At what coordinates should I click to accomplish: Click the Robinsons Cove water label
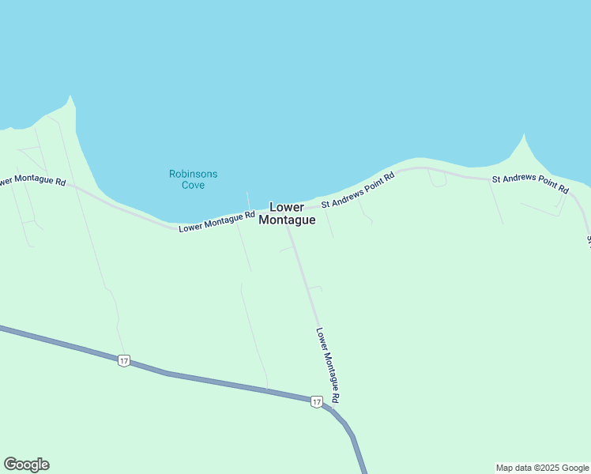click(x=193, y=179)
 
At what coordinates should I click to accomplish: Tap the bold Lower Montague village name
click(x=288, y=213)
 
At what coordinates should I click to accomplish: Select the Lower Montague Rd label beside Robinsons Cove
click(x=216, y=222)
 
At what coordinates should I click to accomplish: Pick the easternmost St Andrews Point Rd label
click(x=529, y=184)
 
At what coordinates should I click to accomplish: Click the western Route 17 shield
click(x=123, y=360)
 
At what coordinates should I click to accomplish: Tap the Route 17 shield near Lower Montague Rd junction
click(x=316, y=402)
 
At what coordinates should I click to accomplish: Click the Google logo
click(x=26, y=465)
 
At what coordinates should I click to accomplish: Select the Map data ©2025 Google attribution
click(x=542, y=468)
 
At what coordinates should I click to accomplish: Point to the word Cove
click(x=193, y=186)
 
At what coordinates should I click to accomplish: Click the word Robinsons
click(x=193, y=174)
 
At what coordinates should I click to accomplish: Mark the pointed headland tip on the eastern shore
click(x=524, y=134)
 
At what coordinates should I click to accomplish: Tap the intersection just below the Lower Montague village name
click(x=288, y=229)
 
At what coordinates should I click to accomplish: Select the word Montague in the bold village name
click(x=288, y=220)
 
